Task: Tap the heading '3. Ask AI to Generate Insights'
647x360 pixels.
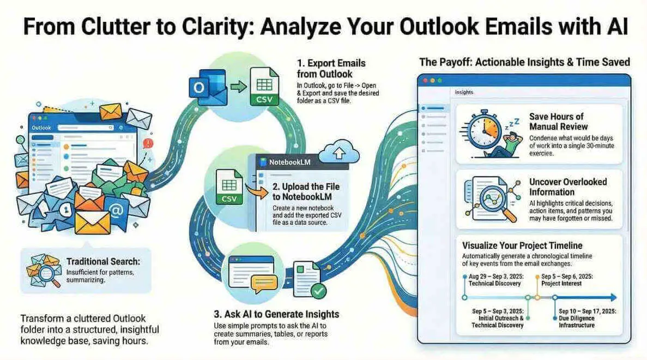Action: pos(276,314)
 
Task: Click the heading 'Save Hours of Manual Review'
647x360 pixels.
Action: pos(557,122)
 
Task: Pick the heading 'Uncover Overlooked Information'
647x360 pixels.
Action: pos(567,187)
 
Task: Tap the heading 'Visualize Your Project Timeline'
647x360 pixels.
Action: pos(522,245)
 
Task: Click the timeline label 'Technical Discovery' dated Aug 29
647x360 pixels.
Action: pos(495,284)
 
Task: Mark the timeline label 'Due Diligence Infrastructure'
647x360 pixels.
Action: pos(577,322)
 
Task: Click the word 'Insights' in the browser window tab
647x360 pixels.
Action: pos(464,93)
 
